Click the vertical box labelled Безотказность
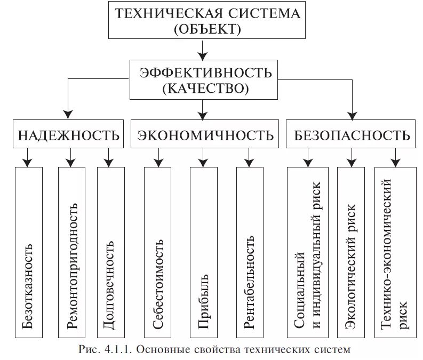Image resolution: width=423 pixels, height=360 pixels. [28, 252]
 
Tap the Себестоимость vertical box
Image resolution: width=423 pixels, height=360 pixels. [158, 252]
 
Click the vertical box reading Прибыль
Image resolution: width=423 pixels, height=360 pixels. [203, 252]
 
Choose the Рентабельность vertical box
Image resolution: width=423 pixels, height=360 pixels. [250, 252]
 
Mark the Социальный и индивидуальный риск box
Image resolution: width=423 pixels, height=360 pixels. [308, 252]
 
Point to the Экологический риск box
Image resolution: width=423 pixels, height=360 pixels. [351, 252]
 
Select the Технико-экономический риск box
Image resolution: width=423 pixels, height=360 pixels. [395, 252]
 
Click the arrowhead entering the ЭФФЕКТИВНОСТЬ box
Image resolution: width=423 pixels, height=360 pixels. [202, 55]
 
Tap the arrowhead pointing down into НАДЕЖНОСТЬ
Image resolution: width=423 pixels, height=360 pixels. [68, 114]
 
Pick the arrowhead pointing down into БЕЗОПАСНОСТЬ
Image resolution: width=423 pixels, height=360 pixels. [352, 114]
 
